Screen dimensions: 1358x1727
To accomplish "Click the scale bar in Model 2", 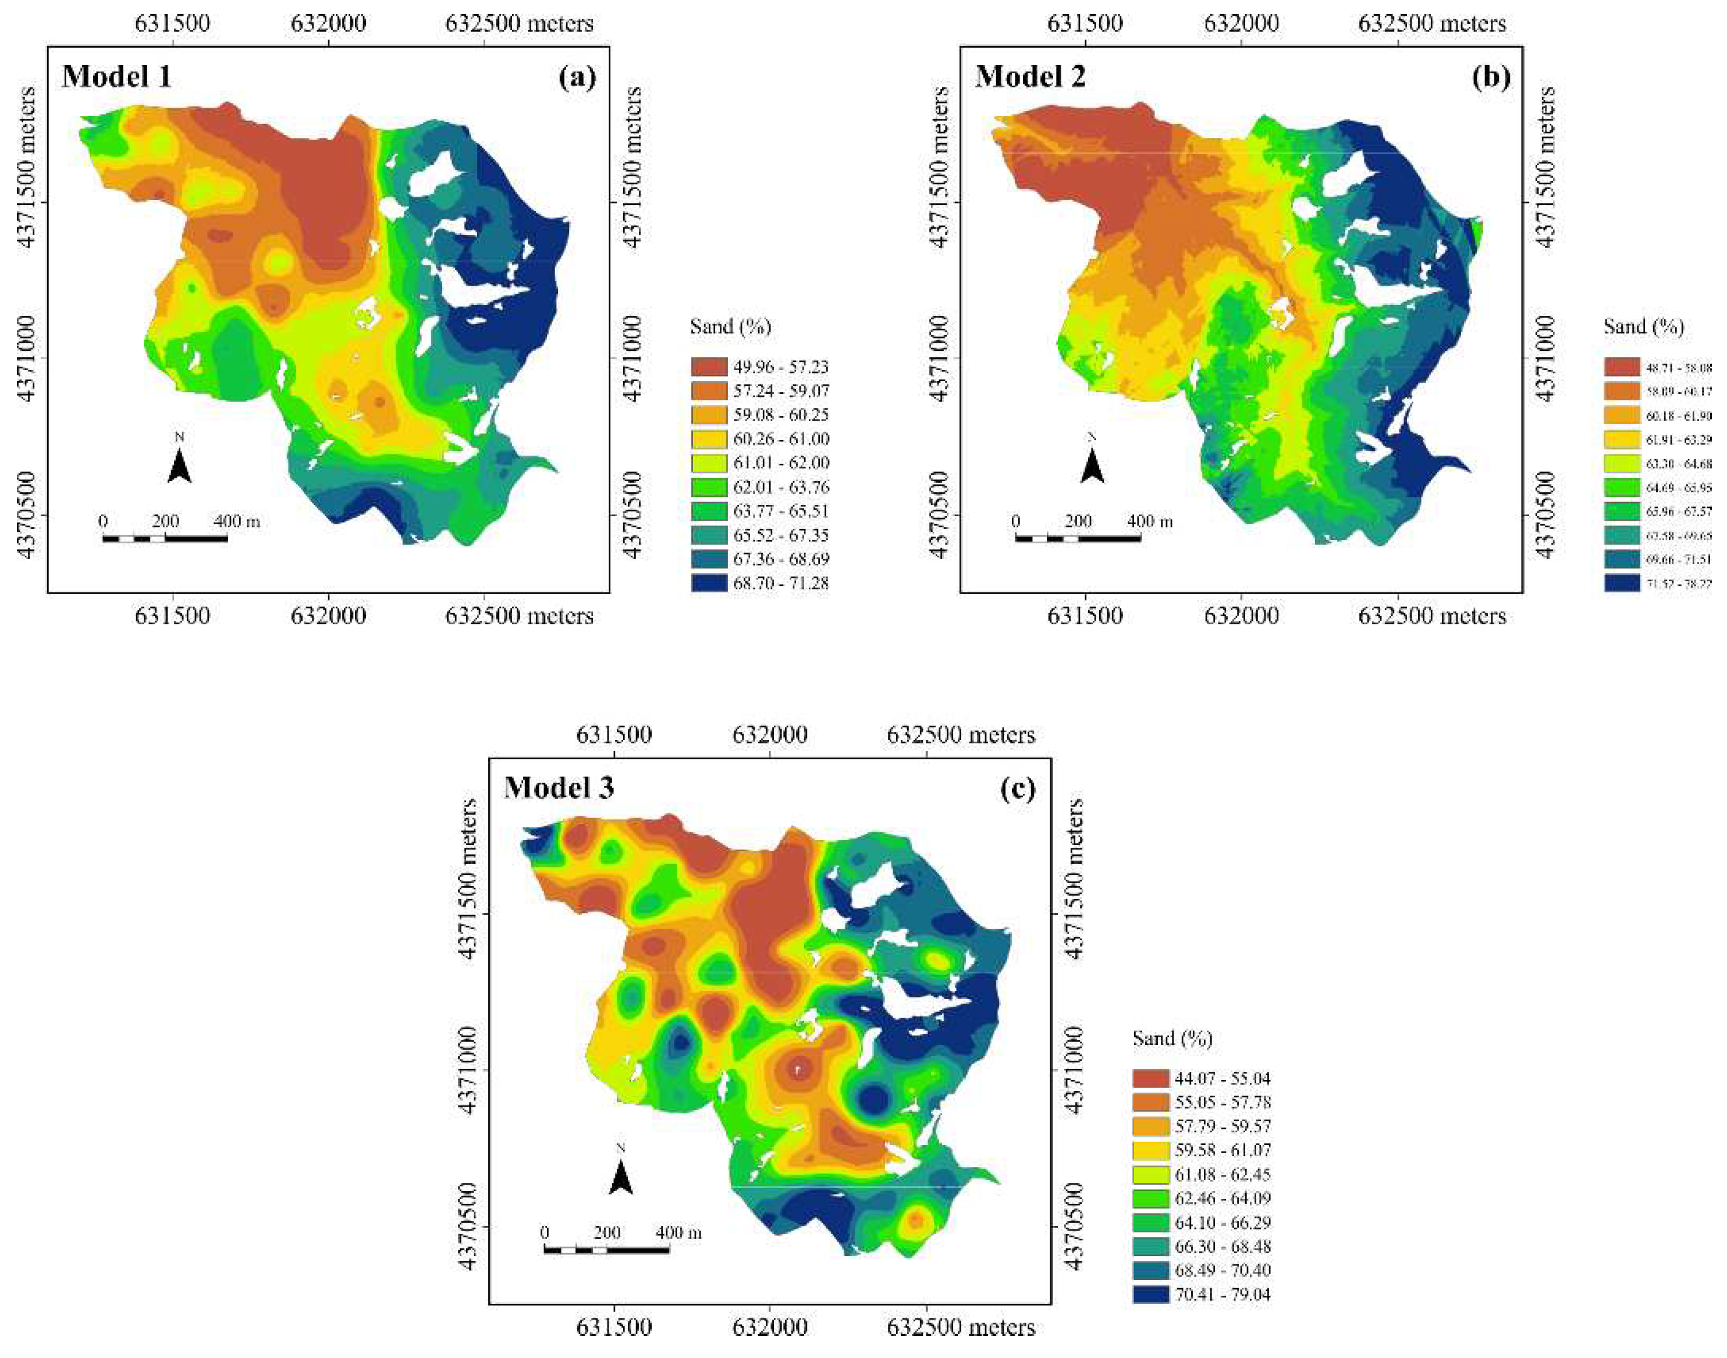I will click(x=1078, y=538).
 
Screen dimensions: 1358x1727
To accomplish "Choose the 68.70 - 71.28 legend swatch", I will click(x=709, y=583).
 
